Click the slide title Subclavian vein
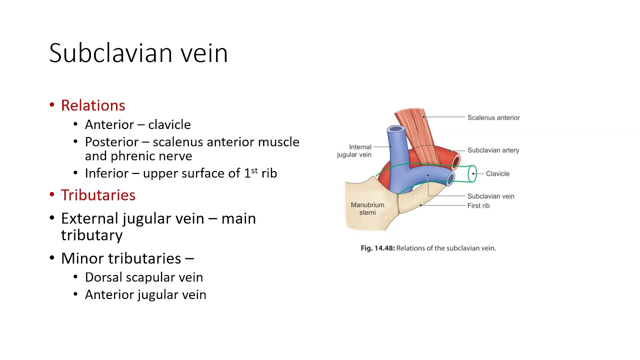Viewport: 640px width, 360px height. coord(138,53)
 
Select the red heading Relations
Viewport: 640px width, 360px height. coord(93,105)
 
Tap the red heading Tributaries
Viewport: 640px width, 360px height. coord(98,195)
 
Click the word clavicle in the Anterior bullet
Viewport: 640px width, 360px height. coord(169,124)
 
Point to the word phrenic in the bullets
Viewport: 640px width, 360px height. coord(131,156)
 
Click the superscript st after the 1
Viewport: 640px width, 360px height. coord(254,170)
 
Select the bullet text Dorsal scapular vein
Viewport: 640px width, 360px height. coord(144,277)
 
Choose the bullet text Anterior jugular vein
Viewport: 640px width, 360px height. coord(145,294)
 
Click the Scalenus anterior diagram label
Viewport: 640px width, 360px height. coord(493,117)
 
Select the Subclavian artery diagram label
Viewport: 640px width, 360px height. coord(493,150)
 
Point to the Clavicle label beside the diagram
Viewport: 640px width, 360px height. coord(497,173)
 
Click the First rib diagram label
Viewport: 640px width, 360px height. coord(478,205)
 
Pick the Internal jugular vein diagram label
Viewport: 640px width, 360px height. coord(354,151)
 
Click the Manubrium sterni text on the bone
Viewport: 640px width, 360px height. coord(367,208)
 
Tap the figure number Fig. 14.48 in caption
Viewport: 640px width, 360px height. coord(377,248)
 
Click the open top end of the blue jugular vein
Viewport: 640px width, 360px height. coord(396,129)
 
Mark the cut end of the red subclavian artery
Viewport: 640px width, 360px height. coord(455,161)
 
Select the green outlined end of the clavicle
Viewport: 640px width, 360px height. coord(472,174)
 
